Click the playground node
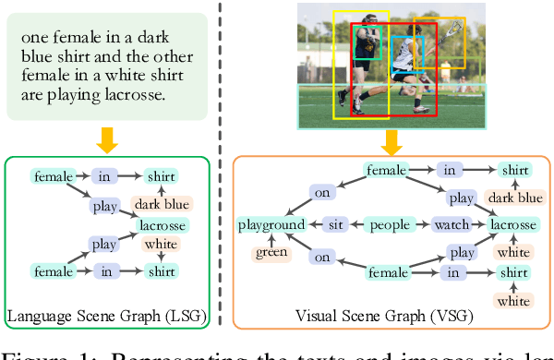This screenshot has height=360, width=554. [x=271, y=224]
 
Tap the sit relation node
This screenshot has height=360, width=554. [x=338, y=224]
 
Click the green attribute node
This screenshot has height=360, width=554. [x=271, y=253]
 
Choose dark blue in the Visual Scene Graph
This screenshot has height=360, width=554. [x=514, y=197]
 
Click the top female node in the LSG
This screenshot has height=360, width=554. [x=52, y=175]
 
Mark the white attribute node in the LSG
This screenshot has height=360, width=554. [x=160, y=246]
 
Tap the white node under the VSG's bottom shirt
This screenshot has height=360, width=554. [x=514, y=301]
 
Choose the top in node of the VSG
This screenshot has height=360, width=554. [x=450, y=170]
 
